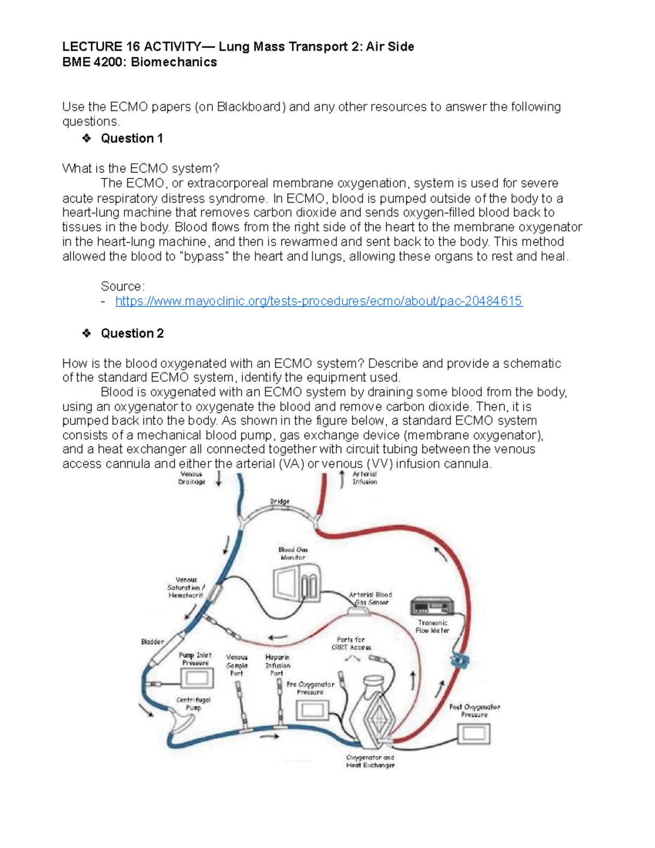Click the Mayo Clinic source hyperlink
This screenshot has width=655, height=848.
tap(319, 301)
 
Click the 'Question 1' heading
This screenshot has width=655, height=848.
tap(132, 139)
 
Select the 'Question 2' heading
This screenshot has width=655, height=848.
tap(132, 334)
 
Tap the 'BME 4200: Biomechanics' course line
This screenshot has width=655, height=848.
tap(140, 62)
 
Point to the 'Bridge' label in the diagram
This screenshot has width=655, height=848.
tap(279, 501)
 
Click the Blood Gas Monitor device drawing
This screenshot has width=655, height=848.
tap(296, 584)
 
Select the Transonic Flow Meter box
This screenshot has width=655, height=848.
tap(432, 607)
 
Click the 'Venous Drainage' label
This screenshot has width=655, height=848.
tap(192, 478)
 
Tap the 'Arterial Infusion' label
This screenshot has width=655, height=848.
tap(365, 478)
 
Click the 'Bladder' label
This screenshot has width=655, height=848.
tap(152, 642)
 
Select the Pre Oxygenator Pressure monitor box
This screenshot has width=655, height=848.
tap(312, 710)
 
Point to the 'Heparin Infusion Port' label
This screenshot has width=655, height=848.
tap(277, 665)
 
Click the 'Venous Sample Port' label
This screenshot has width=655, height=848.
tap(237, 665)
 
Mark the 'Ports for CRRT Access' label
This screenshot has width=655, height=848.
tap(351, 643)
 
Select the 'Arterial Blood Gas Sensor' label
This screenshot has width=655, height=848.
tap(371, 598)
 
